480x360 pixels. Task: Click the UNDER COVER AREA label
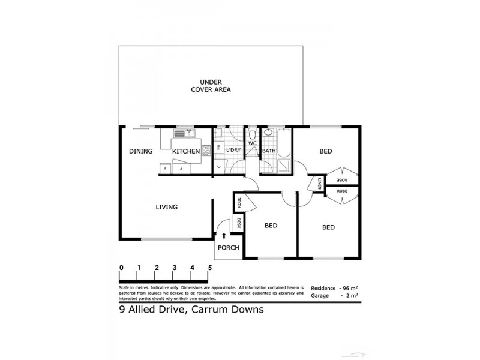pyautogui.click(x=211, y=86)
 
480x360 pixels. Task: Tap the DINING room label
pyautogui.click(x=140, y=152)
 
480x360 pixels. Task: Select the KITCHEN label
pyautogui.click(x=186, y=152)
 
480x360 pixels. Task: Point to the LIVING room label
pyautogui.click(x=166, y=208)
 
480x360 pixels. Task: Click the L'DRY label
pyautogui.click(x=233, y=151)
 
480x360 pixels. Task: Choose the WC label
pyautogui.click(x=252, y=144)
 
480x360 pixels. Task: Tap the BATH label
pyautogui.click(x=268, y=151)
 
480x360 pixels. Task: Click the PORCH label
pyautogui.click(x=229, y=248)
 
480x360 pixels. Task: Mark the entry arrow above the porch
pyautogui.click(x=224, y=237)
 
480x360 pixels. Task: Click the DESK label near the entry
pyautogui.click(x=238, y=223)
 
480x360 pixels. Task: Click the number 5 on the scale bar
pyautogui.click(x=209, y=268)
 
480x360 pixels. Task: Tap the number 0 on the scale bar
pyautogui.click(x=121, y=268)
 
